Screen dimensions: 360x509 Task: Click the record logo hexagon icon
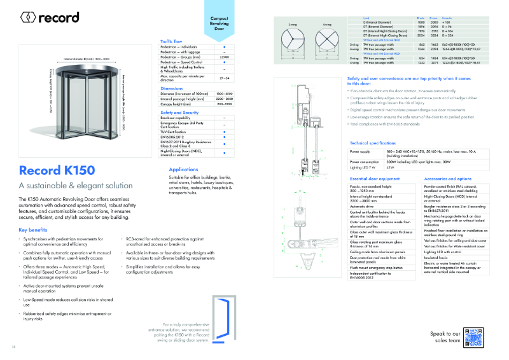pos(28,18)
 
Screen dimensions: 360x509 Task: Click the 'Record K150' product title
pos(57,170)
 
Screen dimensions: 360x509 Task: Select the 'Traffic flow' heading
pos(175,41)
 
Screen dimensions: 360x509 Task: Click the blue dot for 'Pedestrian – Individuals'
pos(224,47)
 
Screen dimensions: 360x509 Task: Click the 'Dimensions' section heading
pos(172,88)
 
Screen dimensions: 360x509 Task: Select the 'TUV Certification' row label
pos(177,130)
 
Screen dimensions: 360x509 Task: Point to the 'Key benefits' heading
pos(33,229)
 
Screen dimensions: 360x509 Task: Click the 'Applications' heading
pos(184,170)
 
